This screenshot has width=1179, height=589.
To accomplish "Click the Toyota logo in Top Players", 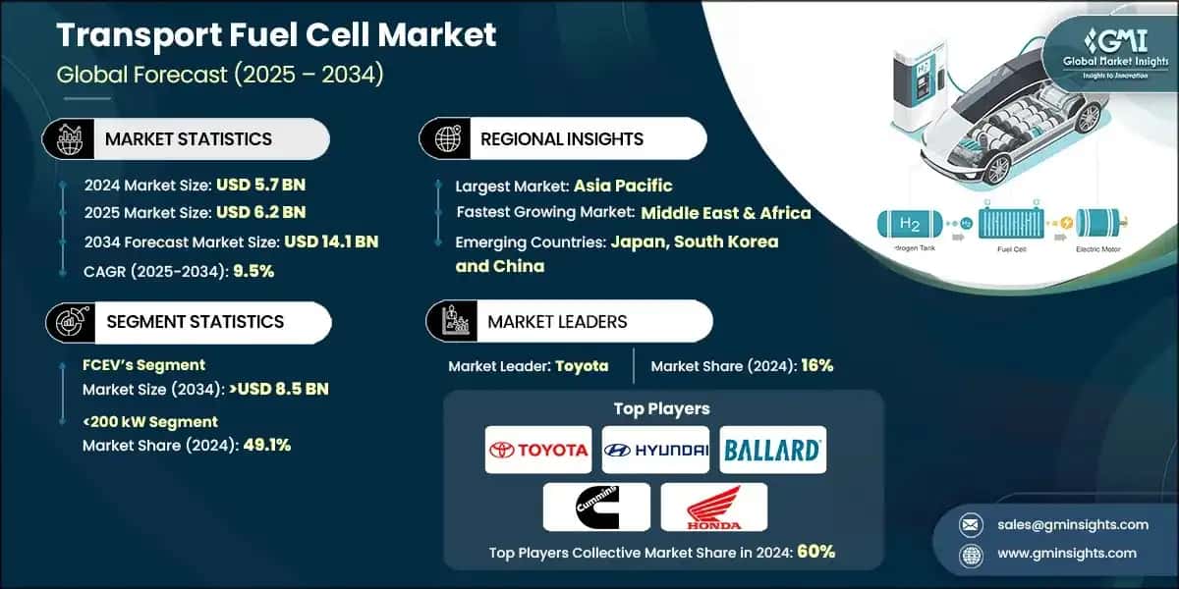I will coord(537,450).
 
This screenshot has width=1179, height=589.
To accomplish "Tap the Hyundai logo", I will coord(655,450).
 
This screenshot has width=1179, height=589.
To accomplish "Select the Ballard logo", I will coord(772,450).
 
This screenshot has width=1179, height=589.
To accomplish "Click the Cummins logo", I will coord(596,507).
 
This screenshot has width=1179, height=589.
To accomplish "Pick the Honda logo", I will coord(713,507).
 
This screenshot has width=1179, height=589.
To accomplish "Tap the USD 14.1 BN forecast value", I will coord(331,241).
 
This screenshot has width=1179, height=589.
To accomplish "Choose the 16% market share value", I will coord(816,365).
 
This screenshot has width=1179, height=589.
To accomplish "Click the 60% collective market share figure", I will coord(816,552).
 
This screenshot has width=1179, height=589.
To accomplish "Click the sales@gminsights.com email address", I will coord(1057,524).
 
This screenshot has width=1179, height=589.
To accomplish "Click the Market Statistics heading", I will coord(189,138).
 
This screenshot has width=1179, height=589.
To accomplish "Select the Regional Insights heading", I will coord(561,138).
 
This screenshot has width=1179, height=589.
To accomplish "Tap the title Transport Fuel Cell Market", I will coord(276,35).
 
